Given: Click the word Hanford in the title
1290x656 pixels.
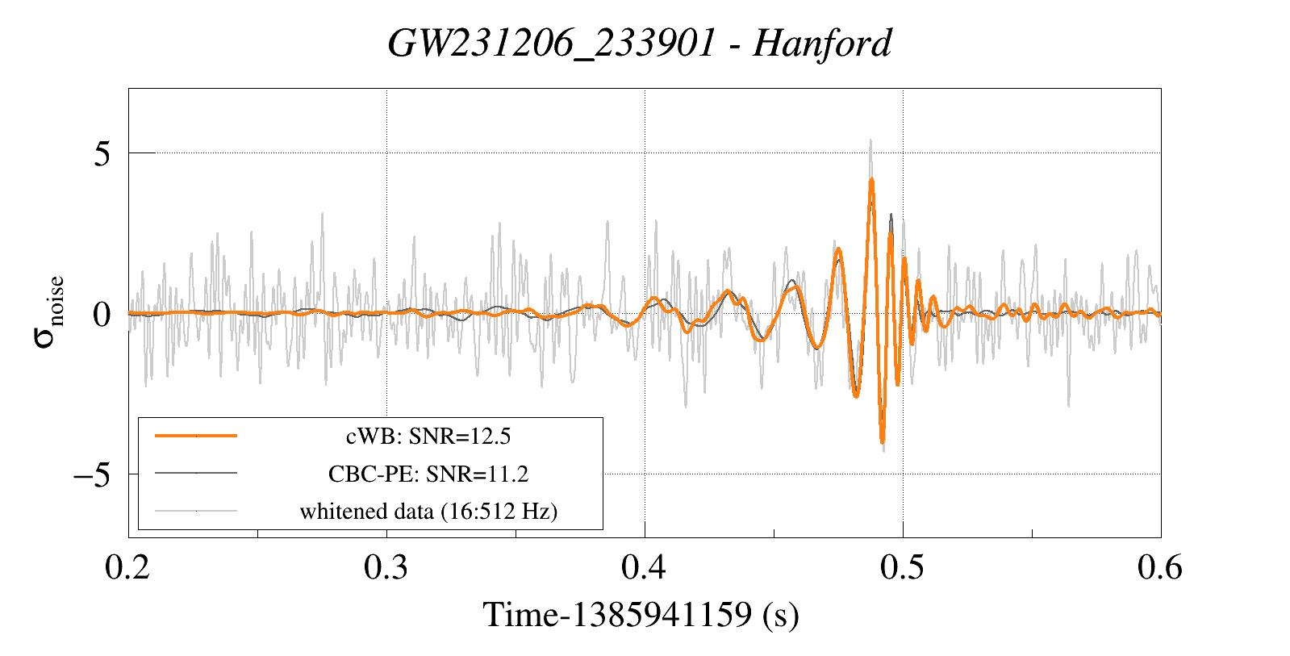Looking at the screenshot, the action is coord(822,44).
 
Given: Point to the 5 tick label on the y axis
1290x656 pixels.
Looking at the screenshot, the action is coord(102,154).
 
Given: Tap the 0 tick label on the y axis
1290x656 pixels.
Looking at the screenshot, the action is coord(102,315).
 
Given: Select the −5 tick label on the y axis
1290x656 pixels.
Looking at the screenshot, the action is coord(92,474).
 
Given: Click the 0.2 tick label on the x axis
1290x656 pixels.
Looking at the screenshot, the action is coord(127,566).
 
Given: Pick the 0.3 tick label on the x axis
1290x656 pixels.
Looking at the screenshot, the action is coord(386,566).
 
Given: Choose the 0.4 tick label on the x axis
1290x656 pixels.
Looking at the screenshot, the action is coord(644,566).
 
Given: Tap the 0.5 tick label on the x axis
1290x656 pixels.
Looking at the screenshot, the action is coord(903,566).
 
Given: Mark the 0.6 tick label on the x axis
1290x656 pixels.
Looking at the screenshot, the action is coord(1160,566).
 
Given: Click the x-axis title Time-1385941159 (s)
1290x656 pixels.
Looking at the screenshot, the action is coord(641,615).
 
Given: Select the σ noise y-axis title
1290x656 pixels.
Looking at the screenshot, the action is coord(48,312).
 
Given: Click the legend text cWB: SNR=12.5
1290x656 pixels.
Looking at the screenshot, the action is coord(428,437).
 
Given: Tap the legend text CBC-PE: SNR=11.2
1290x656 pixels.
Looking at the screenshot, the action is coord(428,474).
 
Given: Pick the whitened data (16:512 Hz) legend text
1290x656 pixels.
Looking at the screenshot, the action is coord(428,512).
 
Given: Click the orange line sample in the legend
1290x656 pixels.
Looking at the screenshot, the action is coord(196,436).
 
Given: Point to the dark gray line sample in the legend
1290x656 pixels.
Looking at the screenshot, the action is coord(196,474).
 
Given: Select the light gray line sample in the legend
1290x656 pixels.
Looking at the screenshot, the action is coord(196,511).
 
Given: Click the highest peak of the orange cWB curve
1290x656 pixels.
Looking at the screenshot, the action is coord(871,180).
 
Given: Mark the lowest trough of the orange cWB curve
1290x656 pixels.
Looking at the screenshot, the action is coord(883,441).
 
